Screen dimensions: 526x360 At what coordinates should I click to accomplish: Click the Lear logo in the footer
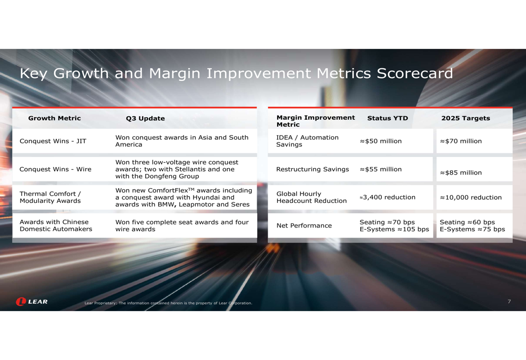click(32, 302)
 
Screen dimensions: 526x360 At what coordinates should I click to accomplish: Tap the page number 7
click(509, 302)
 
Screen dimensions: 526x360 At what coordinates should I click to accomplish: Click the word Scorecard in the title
click(414, 74)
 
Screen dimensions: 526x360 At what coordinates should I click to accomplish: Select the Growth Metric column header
click(54, 118)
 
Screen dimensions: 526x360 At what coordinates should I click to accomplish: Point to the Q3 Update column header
click(145, 118)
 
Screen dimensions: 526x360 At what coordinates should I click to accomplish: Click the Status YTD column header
click(388, 118)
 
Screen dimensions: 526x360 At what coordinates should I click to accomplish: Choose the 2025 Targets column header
click(466, 118)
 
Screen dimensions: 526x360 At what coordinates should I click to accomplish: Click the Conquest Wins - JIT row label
click(53, 141)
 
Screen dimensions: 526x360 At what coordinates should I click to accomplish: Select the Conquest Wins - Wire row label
click(55, 169)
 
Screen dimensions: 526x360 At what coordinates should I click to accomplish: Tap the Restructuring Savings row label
click(312, 169)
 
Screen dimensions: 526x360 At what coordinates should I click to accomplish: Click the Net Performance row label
click(304, 225)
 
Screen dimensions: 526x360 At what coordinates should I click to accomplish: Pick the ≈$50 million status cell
click(381, 141)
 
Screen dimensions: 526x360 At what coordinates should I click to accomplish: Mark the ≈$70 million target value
click(461, 141)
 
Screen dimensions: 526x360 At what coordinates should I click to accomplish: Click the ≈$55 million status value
click(381, 169)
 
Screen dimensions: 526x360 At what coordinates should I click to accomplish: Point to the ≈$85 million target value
click(461, 172)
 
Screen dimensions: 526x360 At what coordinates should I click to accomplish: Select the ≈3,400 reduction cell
click(388, 198)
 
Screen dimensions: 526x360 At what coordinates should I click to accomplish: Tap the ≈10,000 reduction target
click(471, 198)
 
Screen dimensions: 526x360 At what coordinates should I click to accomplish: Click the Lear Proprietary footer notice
click(168, 303)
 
